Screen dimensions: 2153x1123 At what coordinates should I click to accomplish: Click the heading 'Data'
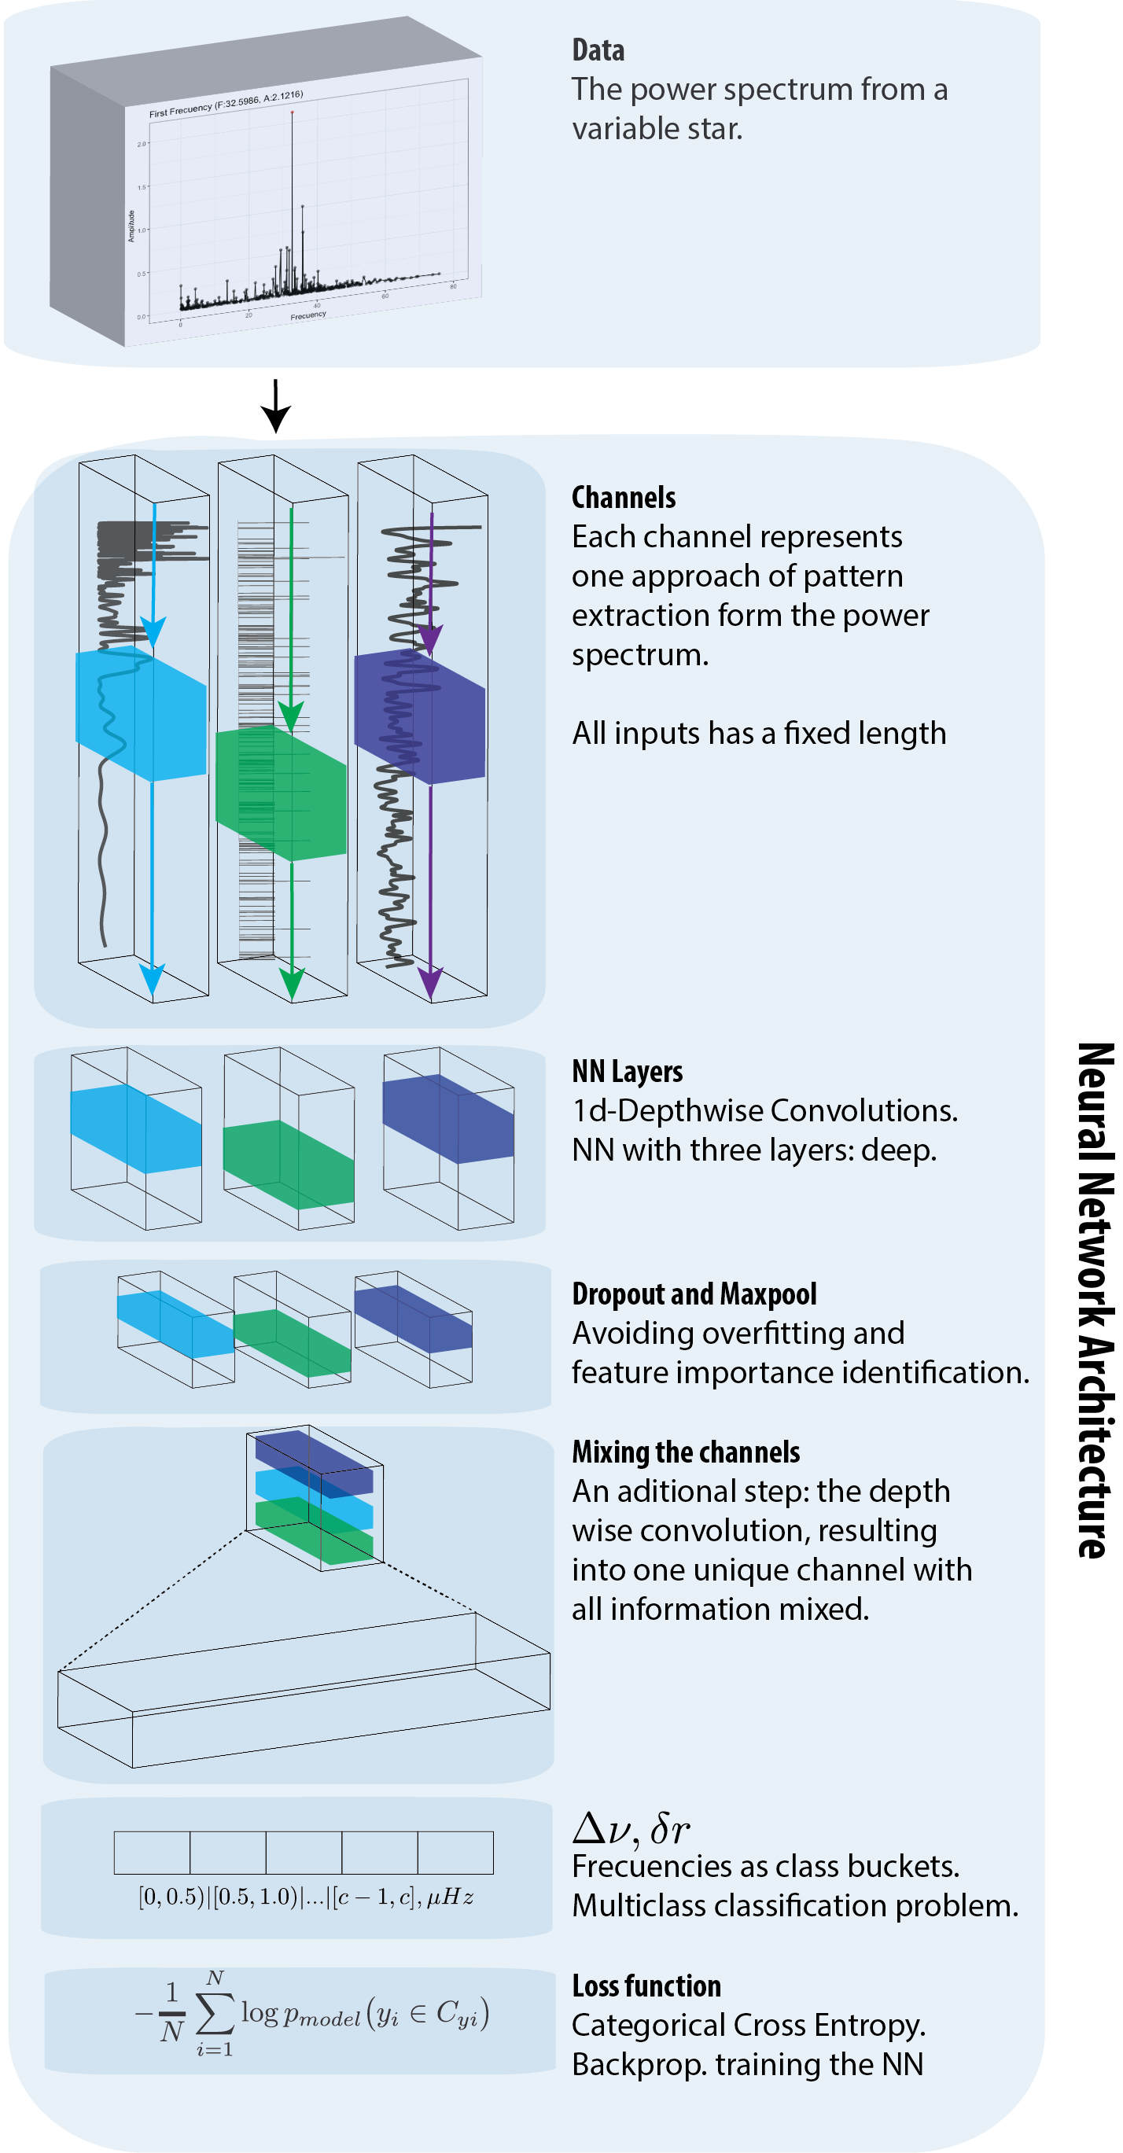click(598, 51)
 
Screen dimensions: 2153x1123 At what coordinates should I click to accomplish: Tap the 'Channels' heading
click(624, 498)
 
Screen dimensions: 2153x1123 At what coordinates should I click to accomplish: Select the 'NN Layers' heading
click(627, 1073)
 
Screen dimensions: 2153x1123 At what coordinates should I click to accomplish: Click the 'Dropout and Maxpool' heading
click(694, 1294)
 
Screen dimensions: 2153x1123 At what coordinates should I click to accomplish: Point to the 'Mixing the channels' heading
click(685, 1452)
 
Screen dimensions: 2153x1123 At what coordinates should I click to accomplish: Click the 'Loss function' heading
click(646, 1986)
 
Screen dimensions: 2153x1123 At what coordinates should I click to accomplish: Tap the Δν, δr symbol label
click(631, 1830)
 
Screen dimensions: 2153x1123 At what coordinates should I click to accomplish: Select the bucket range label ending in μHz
click(306, 1897)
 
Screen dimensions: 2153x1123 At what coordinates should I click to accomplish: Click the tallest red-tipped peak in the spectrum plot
click(292, 112)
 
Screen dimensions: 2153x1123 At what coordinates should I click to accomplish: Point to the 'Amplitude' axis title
click(131, 226)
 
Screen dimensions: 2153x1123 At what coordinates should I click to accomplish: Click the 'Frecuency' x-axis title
click(308, 315)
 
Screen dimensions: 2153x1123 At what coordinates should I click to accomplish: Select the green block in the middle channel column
click(281, 792)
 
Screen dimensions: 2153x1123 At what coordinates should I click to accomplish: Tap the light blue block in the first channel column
click(140, 713)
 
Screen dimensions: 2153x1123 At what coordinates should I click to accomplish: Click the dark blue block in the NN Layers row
click(448, 1118)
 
